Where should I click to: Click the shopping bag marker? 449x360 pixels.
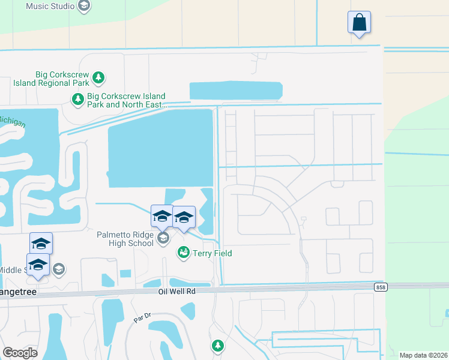point(359,23)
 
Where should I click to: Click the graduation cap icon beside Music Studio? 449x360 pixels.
point(84,6)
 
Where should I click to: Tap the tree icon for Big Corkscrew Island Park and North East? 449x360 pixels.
point(77,99)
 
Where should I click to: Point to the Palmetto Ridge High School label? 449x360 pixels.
point(125,239)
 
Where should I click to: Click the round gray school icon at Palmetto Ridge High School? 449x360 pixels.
point(163,239)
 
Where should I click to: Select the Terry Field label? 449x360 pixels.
point(212,253)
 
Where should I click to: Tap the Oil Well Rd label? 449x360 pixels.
point(177,291)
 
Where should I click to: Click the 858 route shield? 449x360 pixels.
point(380,287)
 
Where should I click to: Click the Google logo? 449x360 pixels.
point(20,353)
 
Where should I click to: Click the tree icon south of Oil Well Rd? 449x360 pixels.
point(217,346)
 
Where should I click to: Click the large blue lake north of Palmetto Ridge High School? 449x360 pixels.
point(160,156)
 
